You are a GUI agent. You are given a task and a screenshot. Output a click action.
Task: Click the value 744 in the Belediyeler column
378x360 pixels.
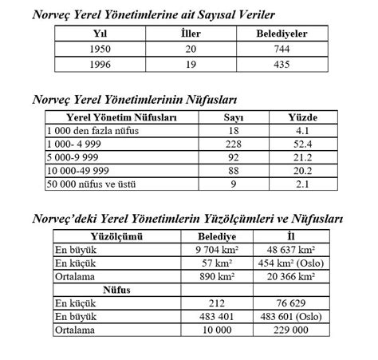[x=282, y=49]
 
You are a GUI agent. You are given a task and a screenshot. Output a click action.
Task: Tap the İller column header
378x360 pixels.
[x=189, y=34]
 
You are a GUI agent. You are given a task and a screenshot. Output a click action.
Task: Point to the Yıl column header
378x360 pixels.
[x=100, y=34]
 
